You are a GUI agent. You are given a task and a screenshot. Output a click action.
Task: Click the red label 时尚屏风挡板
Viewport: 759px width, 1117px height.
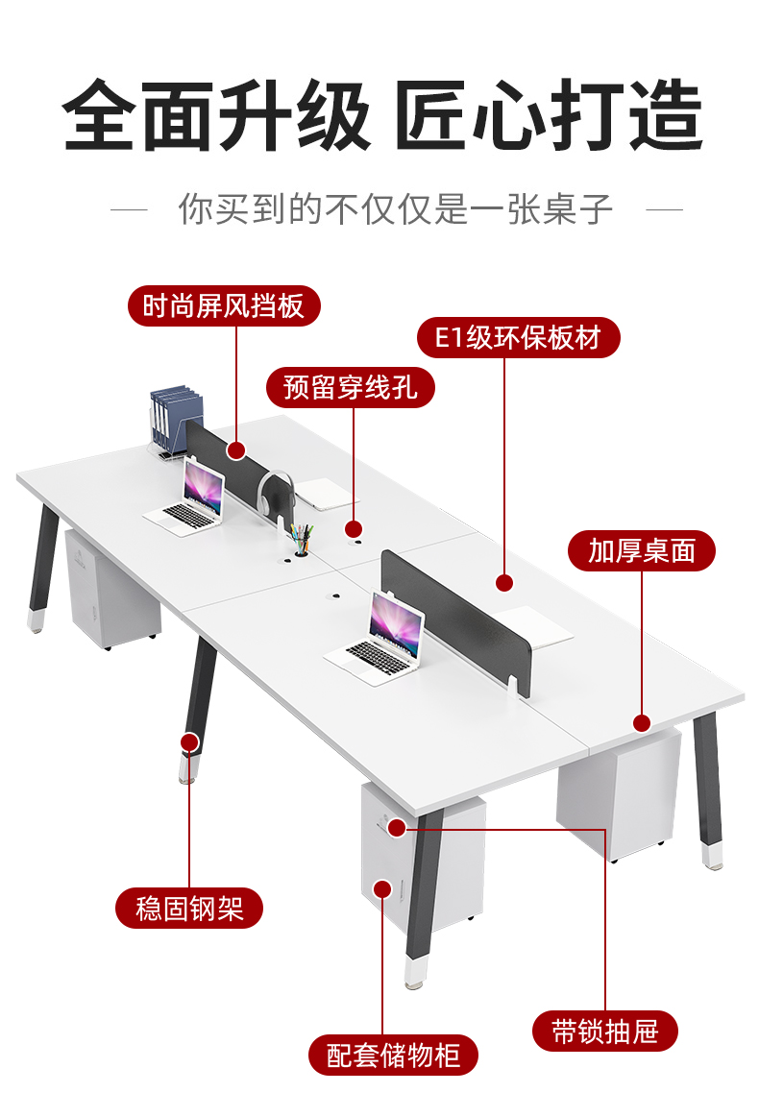224,306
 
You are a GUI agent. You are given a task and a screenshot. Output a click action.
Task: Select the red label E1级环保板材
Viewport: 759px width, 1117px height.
518,338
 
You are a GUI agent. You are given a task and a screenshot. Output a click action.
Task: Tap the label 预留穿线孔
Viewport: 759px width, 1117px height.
350,388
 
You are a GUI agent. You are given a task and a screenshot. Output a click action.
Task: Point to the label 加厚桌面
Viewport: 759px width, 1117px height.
641,551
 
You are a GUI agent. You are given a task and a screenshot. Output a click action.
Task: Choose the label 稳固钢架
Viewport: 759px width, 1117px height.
188,908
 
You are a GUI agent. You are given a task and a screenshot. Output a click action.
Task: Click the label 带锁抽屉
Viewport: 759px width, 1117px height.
605,1032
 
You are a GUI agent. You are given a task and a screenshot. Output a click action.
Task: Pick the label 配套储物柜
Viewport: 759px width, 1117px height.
393,1056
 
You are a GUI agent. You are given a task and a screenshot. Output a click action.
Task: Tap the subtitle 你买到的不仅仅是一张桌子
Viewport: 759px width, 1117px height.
396,208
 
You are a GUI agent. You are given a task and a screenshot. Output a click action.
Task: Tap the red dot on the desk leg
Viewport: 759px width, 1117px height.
189,741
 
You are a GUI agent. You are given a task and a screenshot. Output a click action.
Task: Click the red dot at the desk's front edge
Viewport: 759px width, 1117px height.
642,722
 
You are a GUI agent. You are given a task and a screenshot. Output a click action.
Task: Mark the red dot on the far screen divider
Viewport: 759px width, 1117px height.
236,449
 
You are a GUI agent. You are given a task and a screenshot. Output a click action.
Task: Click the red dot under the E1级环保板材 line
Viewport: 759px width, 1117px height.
505,582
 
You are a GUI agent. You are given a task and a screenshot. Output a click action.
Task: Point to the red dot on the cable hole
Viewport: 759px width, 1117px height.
354,528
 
